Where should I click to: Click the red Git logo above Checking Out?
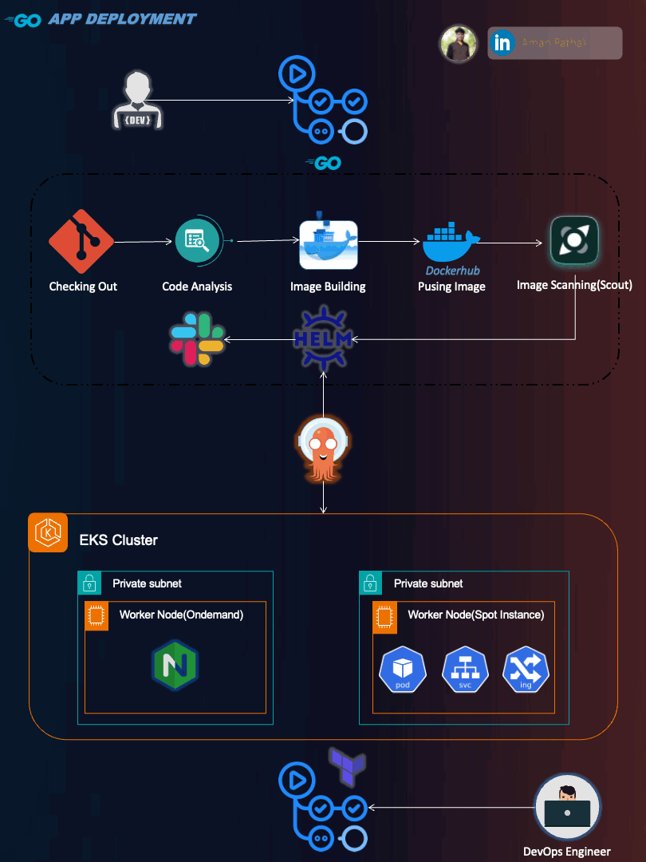81,241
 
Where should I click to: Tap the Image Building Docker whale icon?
328,244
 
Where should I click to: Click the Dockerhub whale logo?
451,244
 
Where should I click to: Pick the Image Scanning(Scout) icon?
574,240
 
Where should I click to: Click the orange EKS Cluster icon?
48,532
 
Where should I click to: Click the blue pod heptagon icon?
403,670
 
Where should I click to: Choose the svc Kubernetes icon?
465,670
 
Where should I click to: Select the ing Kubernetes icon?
526,670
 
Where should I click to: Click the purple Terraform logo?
348,765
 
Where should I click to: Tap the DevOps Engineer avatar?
566,807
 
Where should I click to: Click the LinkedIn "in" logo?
502,43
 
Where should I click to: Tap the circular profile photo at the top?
459,43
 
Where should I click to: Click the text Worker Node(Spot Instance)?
475,615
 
